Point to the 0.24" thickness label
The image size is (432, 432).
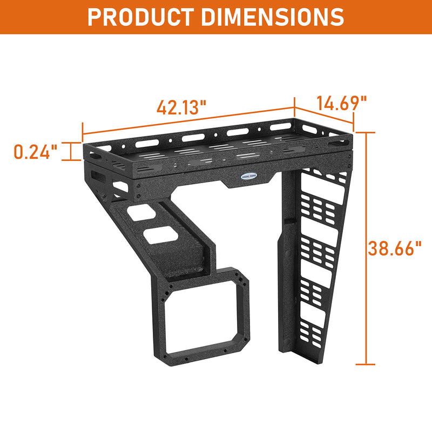36,152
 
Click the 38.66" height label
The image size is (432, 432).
395,248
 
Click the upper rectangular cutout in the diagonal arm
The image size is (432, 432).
144,214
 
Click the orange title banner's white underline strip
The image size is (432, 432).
216,34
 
